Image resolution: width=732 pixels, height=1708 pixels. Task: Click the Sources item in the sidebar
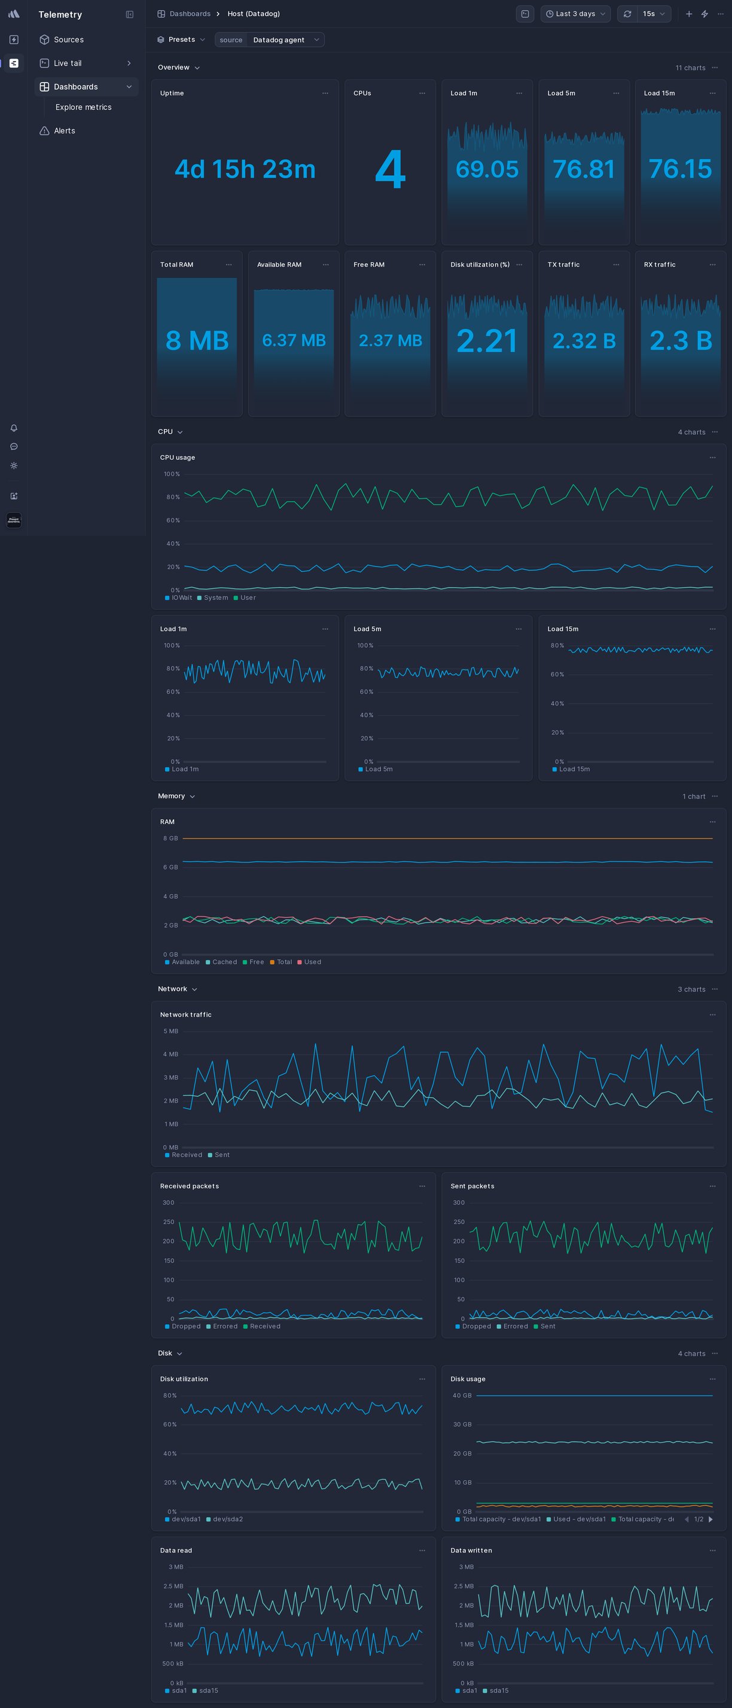[x=68, y=40]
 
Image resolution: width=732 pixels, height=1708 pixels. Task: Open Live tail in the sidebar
[x=68, y=63]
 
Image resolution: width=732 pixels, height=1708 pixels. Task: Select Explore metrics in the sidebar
[x=84, y=108]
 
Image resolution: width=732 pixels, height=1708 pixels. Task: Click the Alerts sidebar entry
[x=65, y=130]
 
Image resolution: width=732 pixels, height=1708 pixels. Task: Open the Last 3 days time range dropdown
[x=575, y=14]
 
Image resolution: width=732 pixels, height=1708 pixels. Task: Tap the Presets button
[x=181, y=40]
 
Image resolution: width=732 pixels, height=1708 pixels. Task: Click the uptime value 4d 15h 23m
[x=245, y=169]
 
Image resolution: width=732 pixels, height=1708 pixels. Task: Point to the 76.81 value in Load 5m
[x=584, y=169]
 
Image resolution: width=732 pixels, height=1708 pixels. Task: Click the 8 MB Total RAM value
[x=197, y=340]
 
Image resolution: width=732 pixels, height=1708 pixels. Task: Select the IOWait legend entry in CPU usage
[x=181, y=597]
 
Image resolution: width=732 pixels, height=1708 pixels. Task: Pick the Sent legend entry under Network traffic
[x=221, y=1155]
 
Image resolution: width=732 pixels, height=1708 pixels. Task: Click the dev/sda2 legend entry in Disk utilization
[x=227, y=1519]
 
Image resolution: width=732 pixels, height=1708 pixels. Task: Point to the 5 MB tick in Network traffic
[x=170, y=1031]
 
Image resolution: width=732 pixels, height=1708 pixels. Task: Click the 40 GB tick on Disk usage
[x=462, y=1396]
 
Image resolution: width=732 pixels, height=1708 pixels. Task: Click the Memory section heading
[x=171, y=797]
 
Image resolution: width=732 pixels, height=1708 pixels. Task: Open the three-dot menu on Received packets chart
[x=422, y=1186]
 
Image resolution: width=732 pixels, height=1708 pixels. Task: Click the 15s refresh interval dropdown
[x=653, y=14]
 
